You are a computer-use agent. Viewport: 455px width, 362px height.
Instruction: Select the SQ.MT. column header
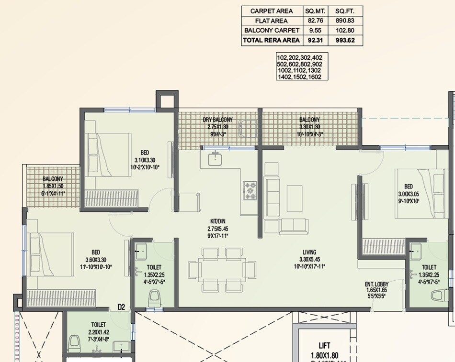(x=316, y=11)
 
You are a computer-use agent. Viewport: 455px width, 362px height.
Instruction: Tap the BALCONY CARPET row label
(x=272, y=31)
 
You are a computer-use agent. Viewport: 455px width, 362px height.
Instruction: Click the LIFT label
(x=325, y=345)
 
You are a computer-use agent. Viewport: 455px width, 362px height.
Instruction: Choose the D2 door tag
(x=122, y=307)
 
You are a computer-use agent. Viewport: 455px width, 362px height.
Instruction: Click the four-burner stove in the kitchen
(x=250, y=190)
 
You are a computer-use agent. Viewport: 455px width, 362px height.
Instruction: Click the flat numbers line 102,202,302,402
(x=299, y=58)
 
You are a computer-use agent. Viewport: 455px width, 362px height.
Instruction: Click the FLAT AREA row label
(x=272, y=21)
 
